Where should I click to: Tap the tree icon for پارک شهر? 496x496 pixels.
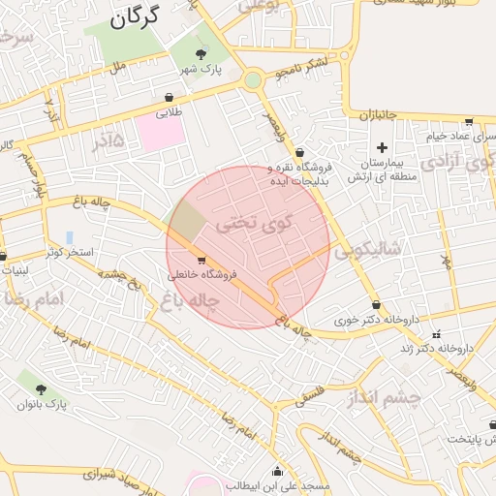tap(201, 53)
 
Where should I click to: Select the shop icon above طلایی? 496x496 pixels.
tap(170, 97)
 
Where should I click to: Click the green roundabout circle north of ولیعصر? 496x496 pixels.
tap(253, 80)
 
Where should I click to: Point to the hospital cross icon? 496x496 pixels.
tap(383, 148)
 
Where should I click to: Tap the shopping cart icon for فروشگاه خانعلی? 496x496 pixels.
tap(201, 260)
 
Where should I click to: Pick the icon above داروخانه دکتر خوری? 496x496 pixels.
tap(376, 304)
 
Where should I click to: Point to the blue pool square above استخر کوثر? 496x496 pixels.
tap(70, 237)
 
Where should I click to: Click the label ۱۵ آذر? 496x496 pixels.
tap(109, 140)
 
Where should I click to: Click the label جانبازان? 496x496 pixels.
tap(379, 115)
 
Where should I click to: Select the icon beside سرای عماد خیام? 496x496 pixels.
tap(469, 122)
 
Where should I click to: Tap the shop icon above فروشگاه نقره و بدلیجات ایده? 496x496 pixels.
tap(300, 151)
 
